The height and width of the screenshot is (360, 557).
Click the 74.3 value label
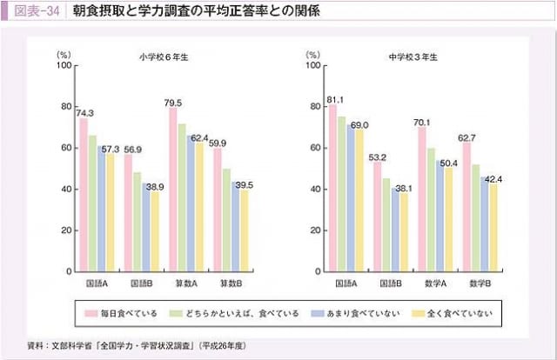coord(85,113)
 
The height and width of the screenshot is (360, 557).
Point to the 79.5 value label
coord(172,103)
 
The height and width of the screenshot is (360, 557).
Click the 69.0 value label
coord(359,124)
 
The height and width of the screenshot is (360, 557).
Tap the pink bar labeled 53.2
coord(378,217)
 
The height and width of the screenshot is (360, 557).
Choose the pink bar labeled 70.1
coord(422,199)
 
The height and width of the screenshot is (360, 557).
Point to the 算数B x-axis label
coord(230,283)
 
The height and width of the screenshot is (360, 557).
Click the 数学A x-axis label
coord(435,283)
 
